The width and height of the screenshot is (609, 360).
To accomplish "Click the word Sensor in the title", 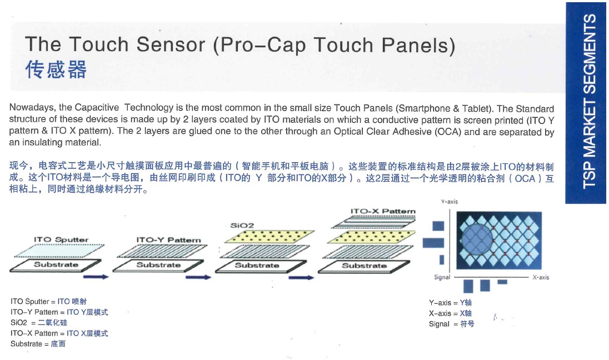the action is [x=171, y=44].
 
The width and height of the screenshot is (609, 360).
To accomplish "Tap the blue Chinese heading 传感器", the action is [x=56, y=69].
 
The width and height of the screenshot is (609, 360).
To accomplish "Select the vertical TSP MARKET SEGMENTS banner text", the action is [x=589, y=102].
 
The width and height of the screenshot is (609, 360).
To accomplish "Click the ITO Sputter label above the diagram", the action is [x=61, y=239].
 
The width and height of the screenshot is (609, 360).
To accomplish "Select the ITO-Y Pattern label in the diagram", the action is [x=168, y=240].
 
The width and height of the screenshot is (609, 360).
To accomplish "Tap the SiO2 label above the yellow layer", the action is [x=242, y=225].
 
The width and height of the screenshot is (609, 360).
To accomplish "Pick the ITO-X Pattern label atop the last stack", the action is [x=383, y=211].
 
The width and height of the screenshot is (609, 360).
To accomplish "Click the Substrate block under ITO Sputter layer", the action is [x=56, y=266].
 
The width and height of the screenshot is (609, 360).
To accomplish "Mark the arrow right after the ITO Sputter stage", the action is [x=96, y=277].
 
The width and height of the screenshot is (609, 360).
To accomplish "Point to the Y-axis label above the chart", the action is [x=450, y=202].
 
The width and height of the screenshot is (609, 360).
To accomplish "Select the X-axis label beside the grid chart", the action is [x=541, y=277].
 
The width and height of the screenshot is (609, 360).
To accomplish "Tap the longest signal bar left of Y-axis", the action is [x=433, y=243].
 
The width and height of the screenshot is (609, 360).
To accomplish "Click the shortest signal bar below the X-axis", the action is [x=502, y=282].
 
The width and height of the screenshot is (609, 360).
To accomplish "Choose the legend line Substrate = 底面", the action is [x=38, y=344].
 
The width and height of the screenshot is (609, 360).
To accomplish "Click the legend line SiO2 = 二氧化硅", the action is [x=39, y=322].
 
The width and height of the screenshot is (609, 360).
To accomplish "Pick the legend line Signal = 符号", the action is [x=451, y=324].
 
